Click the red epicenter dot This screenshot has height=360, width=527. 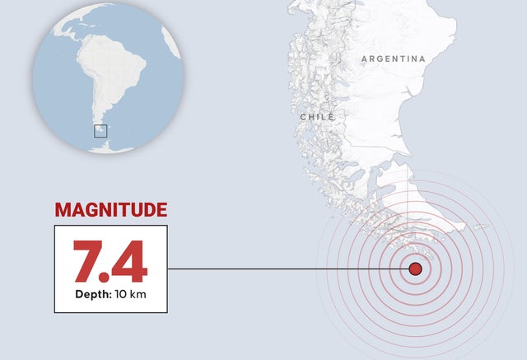click(415, 269)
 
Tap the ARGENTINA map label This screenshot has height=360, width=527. click(394, 59)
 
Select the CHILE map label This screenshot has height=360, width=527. click(317, 117)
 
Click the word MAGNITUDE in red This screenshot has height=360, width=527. click(111, 210)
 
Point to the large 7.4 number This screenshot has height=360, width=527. click(110, 261)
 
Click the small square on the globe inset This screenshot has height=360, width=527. click(100, 130)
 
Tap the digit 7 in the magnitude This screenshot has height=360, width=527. click(88, 261)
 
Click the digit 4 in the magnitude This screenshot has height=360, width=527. click(131, 261)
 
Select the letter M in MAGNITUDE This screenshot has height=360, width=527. click(63, 210)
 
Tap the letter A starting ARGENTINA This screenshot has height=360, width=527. click(365, 59)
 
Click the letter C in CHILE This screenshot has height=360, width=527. click(303, 117)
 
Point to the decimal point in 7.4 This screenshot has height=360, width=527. click(110, 278)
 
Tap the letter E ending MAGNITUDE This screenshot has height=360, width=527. click(161, 210)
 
